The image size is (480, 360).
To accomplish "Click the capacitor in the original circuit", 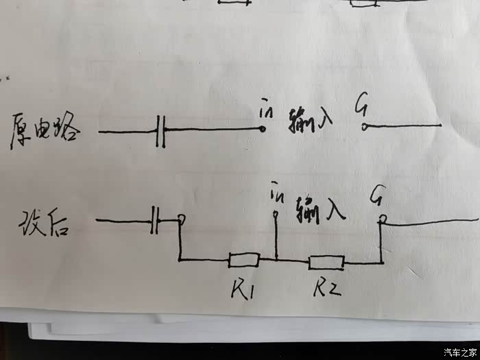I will click(161, 130).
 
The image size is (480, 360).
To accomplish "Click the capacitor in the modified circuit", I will click(156, 221).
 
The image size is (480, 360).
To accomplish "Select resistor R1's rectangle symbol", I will click(244, 260).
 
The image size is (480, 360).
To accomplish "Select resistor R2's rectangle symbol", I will click(326, 261).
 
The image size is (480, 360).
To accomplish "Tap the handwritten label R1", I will click(241, 290).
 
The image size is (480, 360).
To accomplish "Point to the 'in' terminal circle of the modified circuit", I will click(275, 215).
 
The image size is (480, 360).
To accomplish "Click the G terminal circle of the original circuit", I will click(365, 127).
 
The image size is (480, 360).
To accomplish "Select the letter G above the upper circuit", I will click(361, 105).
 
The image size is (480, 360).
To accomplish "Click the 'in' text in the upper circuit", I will click(266, 108).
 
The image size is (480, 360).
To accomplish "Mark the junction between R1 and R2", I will click(276, 260).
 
